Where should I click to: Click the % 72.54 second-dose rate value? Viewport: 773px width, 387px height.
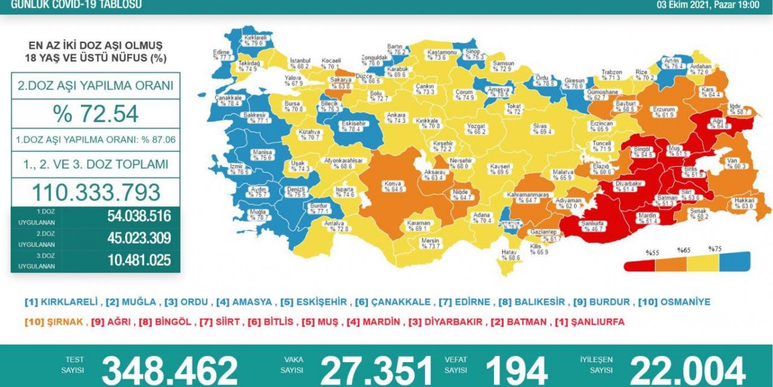(95, 114)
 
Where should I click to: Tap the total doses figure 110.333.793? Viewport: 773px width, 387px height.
(95, 192)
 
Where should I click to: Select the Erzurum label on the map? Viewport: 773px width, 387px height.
(662, 111)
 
